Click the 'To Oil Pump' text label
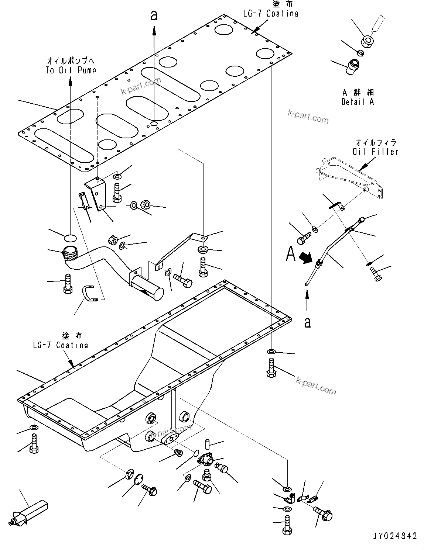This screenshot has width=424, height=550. pos(71,70)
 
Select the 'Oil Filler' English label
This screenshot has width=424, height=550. pos(375,152)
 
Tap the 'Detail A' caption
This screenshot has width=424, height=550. pos(358,102)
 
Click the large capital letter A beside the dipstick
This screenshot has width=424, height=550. pos(291,254)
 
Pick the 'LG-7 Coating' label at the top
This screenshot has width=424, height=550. pos(270,13)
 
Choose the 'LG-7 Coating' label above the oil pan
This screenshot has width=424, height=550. pos(60,345)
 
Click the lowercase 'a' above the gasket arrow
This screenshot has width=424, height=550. pos(154,15)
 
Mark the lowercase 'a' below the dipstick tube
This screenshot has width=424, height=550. pos(307,322)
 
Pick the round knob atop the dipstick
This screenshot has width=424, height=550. pos(362,220)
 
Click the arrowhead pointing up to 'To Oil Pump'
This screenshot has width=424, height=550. pos(70,79)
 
